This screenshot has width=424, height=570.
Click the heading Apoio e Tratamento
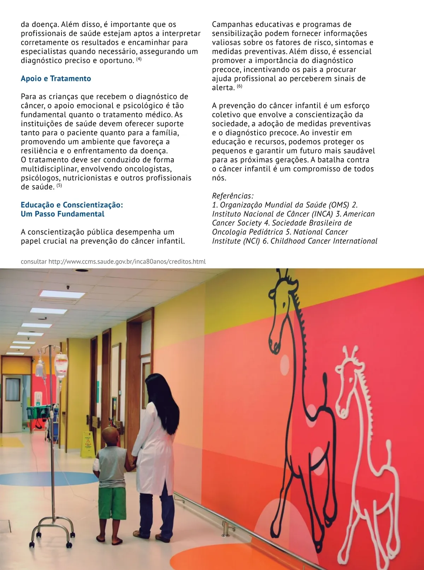click(56, 79)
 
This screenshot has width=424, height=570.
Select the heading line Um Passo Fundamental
click(63, 214)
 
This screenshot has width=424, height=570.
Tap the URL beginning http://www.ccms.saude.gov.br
click(127, 262)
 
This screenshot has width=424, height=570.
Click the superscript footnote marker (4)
click(139, 59)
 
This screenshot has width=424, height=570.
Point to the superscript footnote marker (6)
click(240, 86)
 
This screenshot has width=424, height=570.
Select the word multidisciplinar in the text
click(49, 169)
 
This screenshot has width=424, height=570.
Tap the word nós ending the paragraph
click(219, 178)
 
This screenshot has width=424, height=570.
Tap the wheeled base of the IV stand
click(53, 534)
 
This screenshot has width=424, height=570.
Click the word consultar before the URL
click(34, 262)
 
